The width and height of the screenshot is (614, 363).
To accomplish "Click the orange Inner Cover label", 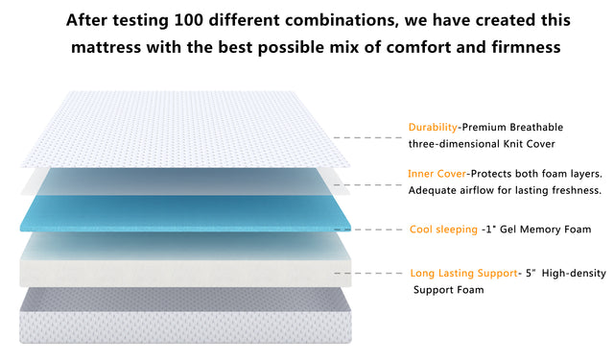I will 437,174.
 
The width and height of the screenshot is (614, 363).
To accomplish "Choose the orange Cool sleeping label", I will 442,230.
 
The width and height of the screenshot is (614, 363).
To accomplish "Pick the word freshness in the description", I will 574,190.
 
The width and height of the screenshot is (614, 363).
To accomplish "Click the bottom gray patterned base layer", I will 182,317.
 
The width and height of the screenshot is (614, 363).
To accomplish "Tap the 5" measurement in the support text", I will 531,274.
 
